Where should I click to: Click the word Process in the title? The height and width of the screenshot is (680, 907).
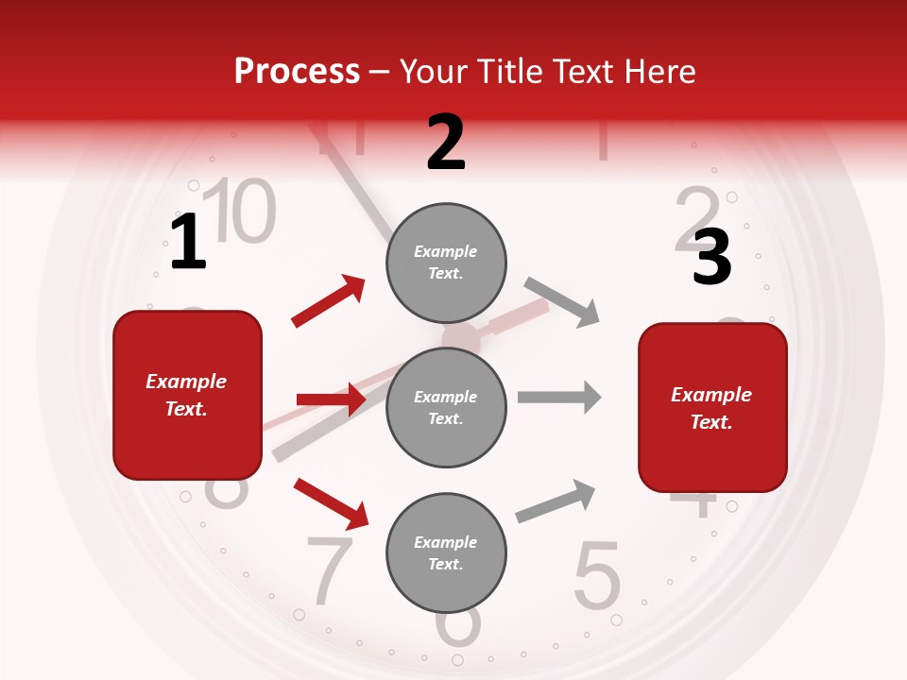(297, 72)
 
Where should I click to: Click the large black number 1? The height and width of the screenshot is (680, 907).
(188, 242)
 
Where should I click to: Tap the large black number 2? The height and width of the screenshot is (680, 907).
(446, 143)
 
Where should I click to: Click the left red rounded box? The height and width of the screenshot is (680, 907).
(187, 395)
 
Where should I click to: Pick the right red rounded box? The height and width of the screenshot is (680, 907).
(712, 407)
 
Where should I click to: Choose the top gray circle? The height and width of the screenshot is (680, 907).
(446, 263)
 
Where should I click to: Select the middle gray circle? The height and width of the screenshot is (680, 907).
(446, 407)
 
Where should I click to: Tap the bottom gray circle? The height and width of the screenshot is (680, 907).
(446, 552)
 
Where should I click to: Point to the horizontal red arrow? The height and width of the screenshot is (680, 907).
(331, 399)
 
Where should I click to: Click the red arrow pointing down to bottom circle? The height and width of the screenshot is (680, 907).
(331, 502)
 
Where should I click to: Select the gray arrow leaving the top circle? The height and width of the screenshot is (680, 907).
(562, 301)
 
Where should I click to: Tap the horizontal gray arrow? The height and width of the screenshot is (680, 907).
(559, 397)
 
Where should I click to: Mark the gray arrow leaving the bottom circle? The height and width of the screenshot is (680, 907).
(556, 501)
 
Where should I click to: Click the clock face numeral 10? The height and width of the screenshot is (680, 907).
(240, 210)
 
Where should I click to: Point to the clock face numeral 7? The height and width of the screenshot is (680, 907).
(330, 569)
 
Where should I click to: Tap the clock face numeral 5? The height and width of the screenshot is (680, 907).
(597, 575)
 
